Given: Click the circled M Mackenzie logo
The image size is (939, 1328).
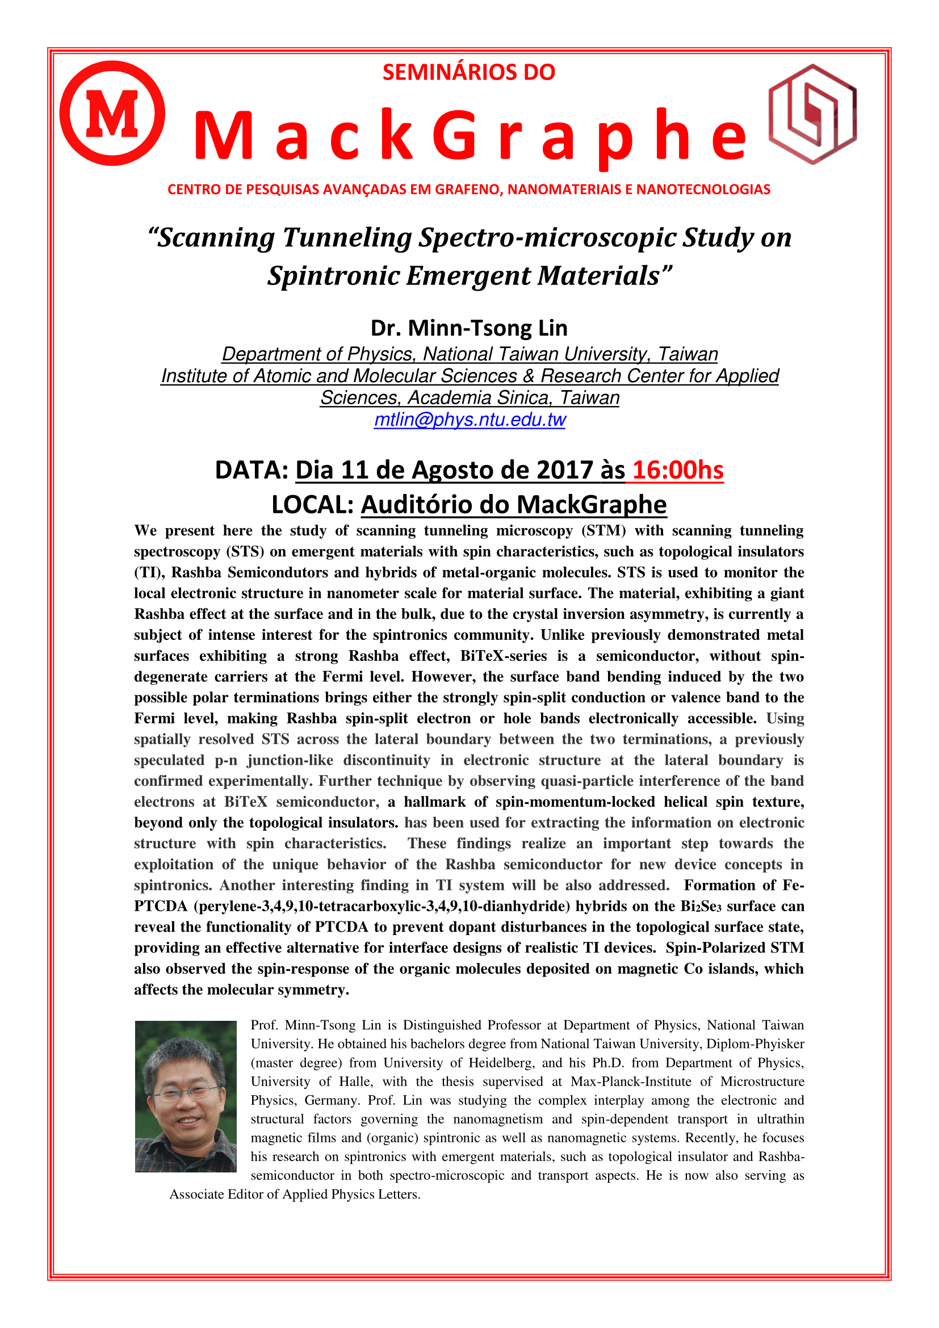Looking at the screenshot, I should (x=112, y=114).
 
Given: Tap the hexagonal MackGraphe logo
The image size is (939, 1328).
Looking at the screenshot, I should (x=812, y=114).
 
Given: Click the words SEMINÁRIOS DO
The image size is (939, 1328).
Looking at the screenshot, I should (x=468, y=72).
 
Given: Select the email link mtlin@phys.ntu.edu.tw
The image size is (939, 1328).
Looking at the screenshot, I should (x=469, y=420).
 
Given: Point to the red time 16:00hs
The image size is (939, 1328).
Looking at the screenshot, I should (x=678, y=470).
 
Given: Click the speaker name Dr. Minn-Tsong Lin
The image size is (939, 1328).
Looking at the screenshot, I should (x=469, y=328).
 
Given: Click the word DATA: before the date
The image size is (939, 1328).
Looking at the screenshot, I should (x=251, y=470).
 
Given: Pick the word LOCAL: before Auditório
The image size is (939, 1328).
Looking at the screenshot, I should (x=312, y=504).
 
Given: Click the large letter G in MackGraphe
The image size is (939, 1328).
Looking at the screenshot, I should (x=456, y=136).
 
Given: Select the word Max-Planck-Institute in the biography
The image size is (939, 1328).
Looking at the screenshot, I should (x=631, y=1082).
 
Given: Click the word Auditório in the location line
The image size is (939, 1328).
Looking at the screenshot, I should (x=417, y=504).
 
